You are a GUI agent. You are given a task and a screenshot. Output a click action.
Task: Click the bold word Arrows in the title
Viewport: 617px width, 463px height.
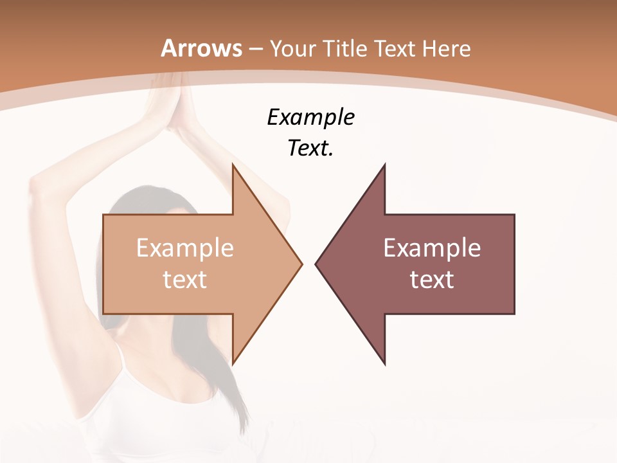click(x=202, y=48)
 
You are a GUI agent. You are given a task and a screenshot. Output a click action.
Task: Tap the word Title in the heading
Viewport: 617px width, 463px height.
click(x=345, y=48)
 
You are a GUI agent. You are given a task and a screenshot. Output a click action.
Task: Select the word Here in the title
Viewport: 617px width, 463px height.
click(x=446, y=48)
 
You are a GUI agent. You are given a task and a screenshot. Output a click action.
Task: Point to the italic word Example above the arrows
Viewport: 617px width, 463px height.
click(x=310, y=118)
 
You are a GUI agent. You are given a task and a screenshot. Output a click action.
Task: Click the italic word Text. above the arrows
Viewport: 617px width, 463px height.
click(x=310, y=149)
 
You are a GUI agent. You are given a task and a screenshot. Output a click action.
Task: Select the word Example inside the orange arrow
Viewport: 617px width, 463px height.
click(x=185, y=248)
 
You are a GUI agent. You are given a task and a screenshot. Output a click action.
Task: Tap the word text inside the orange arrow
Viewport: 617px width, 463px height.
click(x=185, y=280)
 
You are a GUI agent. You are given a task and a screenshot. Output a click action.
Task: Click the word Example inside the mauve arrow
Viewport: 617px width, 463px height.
click(x=432, y=248)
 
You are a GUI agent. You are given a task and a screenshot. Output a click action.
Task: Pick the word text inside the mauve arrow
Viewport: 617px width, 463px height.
click(x=432, y=280)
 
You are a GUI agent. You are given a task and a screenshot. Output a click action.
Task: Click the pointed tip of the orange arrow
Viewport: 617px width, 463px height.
click(x=301, y=264)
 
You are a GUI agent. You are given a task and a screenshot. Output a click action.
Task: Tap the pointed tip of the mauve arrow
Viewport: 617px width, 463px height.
click(x=316, y=264)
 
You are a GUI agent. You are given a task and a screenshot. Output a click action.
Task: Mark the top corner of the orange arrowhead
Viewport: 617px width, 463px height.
click(x=233, y=165)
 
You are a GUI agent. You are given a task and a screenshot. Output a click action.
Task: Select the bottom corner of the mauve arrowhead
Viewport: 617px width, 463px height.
click(x=384, y=363)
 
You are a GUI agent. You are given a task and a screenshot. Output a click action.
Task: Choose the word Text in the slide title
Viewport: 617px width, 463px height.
click(x=395, y=48)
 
